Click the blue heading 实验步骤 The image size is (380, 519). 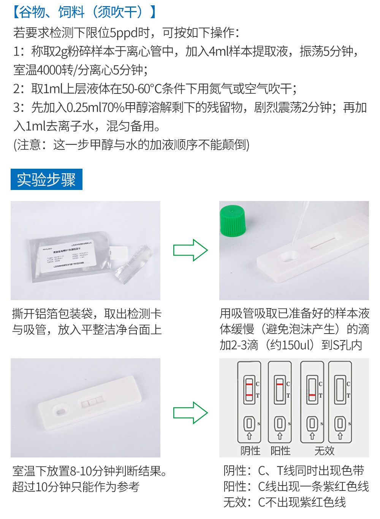click(46, 179)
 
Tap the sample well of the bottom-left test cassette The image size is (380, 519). click(60, 411)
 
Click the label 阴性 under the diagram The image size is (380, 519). click(250, 451)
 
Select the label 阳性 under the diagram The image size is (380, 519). click(280, 451)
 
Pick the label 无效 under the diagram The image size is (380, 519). click(324, 451)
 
